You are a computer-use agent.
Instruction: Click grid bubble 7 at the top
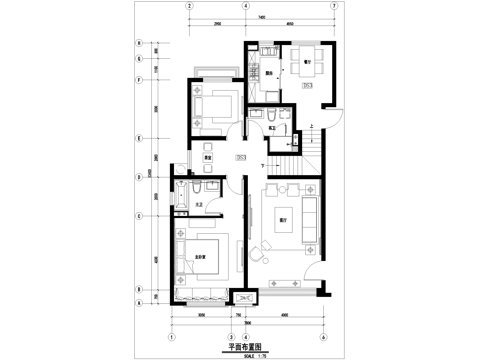tap(333, 4)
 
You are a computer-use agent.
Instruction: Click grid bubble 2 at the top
tap(187, 4)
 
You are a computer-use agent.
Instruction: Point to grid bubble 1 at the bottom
tap(172, 336)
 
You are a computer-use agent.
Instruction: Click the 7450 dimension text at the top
tap(260, 17)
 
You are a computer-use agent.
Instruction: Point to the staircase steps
tap(290, 149)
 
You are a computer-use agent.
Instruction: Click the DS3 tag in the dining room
tap(309, 86)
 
